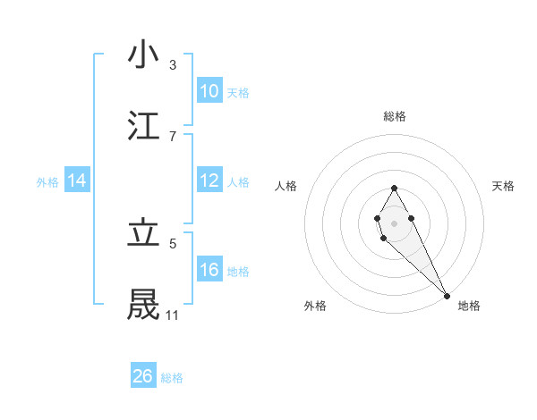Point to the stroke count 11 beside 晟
pyautogui.click(x=172, y=315)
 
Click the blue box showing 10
pyautogui.click(x=209, y=90)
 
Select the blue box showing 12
pyautogui.click(x=209, y=181)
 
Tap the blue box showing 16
pyautogui.click(x=209, y=270)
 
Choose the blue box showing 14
pyautogui.click(x=77, y=181)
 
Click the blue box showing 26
pyautogui.click(x=143, y=376)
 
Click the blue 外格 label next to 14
pyautogui.click(x=47, y=181)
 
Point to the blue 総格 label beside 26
pyautogui.click(x=172, y=378)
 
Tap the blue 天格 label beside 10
pyautogui.click(x=238, y=92)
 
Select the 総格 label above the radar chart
pyautogui.click(x=394, y=116)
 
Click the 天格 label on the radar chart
pyautogui.click(x=503, y=186)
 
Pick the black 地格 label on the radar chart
pyautogui.click(x=469, y=306)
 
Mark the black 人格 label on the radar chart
pyautogui.click(x=286, y=186)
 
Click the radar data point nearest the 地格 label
pyautogui.click(x=447, y=295)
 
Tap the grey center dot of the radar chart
pyautogui.click(x=394, y=222)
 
